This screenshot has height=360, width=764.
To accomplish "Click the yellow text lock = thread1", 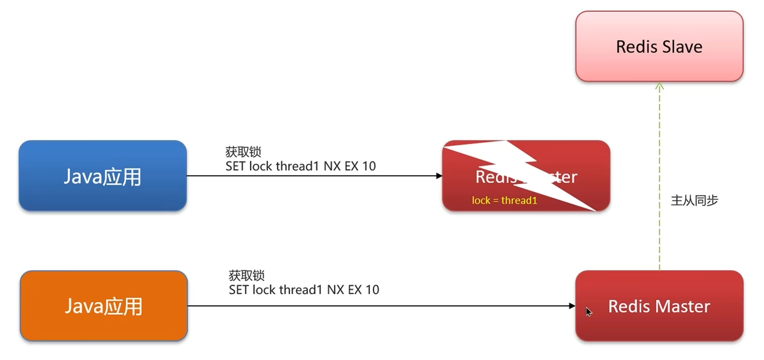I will [x=504, y=201].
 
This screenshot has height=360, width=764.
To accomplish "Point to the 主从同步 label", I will [x=694, y=201].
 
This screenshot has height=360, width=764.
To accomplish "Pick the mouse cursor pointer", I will [x=588, y=312].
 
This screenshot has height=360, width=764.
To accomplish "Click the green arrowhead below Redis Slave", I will [x=660, y=86].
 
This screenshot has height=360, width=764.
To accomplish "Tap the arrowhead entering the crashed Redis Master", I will [x=439, y=176].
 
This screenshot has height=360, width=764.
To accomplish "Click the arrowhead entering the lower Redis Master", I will [x=572, y=306].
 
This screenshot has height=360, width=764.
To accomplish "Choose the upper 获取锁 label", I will [x=243, y=152].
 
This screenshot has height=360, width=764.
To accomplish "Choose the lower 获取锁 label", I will [x=246, y=275].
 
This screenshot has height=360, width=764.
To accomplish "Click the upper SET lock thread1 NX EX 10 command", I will [x=300, y=166].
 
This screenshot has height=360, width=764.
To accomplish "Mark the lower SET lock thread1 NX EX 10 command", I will [x=304, y=290].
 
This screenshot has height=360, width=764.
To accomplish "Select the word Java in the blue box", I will [x=82, y=176].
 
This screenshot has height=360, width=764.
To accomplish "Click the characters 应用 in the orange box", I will [x=123, y=307].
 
